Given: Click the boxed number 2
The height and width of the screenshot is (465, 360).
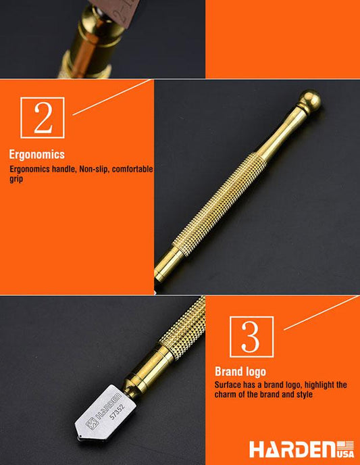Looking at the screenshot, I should [43, 118].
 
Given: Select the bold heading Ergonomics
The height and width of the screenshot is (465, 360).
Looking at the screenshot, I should [36, 154].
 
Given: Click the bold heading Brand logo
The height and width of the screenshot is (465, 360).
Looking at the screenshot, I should [240, 371].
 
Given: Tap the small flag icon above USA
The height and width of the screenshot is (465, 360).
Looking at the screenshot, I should [345, 444].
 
